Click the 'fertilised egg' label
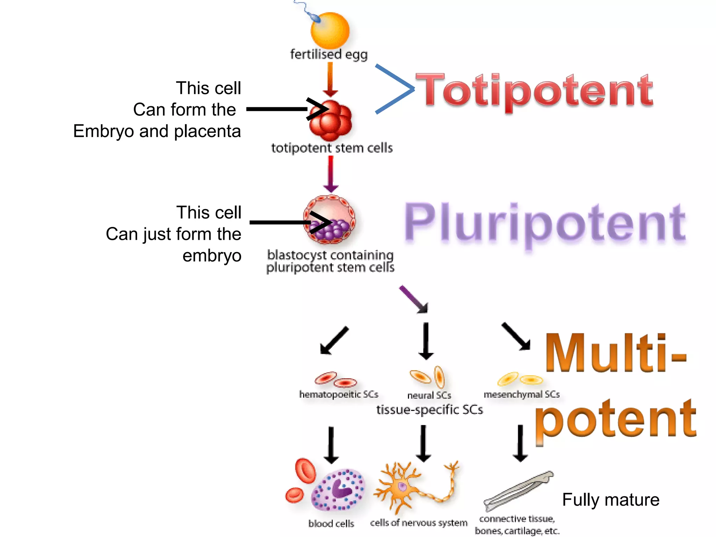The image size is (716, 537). [329, 55]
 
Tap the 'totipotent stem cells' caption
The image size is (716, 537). [332, 148]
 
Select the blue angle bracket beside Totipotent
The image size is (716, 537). [395, 89]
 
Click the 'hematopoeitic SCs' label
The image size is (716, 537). [338, 394]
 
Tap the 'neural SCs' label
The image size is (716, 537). [429, 395]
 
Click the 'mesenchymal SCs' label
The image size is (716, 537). [521, 394]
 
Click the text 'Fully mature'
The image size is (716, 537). [610, 500]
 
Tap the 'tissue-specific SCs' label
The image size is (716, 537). [429, 409]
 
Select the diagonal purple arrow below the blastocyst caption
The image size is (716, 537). [414, 299]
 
